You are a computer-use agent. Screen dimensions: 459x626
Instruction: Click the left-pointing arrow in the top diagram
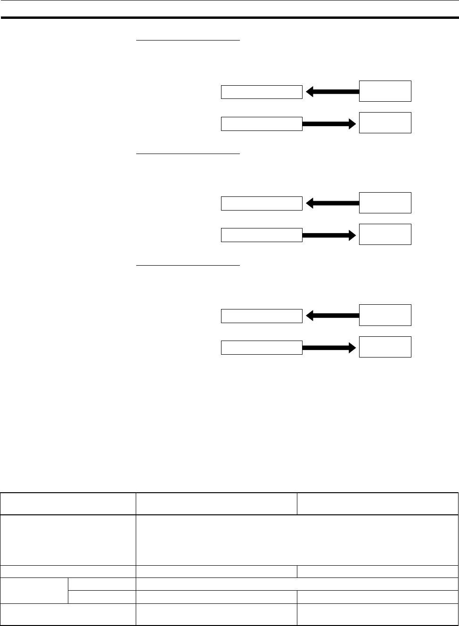click(333, 92)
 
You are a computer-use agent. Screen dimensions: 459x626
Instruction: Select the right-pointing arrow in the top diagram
click(328, 124)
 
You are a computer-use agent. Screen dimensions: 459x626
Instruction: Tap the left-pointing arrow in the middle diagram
click(333, 203)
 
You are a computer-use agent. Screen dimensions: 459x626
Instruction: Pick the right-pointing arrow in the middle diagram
click(328, 235)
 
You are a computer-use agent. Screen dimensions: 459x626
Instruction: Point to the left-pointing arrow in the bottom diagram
click(333, 316)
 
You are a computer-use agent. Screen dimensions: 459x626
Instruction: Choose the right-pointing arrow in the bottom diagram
click(328, 348)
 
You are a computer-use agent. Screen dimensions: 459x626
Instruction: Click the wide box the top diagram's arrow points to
click(262, 92)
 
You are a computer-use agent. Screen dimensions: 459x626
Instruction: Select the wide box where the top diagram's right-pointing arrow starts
click(262, 124)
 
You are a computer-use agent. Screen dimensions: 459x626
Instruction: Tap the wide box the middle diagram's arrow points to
click(262, 203)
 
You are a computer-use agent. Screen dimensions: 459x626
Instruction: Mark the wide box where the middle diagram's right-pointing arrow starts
click(262, 235)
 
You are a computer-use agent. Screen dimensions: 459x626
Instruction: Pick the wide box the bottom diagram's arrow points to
click(262, 316)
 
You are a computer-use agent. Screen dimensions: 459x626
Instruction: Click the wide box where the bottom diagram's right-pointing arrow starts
click(262, 348)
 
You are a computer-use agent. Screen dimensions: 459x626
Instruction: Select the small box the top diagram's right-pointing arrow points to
click(385, 122)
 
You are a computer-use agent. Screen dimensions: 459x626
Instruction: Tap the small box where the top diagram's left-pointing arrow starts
click(385, 91)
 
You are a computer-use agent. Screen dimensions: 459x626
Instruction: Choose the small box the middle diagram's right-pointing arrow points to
click(385, 234)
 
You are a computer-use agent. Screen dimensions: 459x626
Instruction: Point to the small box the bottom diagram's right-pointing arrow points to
click(385, 347)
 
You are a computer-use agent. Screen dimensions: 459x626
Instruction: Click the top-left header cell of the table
click(68, 504)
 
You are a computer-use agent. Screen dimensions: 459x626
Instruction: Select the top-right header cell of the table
click(377, 504)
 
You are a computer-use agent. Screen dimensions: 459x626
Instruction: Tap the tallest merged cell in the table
click(297, 540)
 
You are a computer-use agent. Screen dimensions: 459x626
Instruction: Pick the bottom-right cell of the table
click(377, 614)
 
